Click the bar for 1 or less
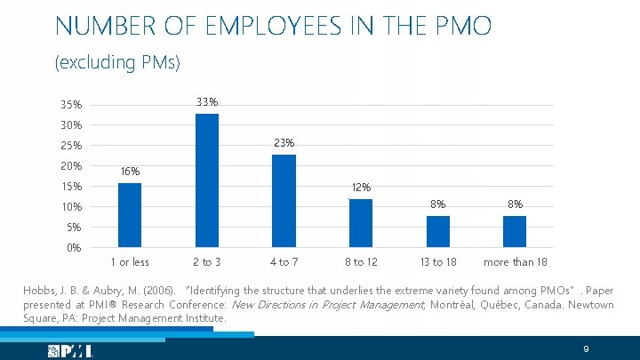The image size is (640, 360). [x=130, y=215]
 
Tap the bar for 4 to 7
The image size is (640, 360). [x=284, y=201]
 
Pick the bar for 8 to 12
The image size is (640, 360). [x=360, y=223]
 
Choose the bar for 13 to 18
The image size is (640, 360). [x=437, y=231]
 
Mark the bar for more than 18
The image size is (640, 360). [x=515, y=231]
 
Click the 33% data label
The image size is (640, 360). [x=207, y=102]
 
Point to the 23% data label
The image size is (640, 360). [x=284, y=143]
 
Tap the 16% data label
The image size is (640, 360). [x=130, y=172]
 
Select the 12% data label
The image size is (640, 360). [x=361, y=188]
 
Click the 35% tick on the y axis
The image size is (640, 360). [x=70, y=106]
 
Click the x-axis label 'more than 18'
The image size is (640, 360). [x=515, y=262]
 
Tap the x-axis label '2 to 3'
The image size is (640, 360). [x=207, y=262]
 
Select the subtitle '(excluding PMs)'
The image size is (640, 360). [x=117, y=63]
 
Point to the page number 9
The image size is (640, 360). [x=586, y=348]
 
